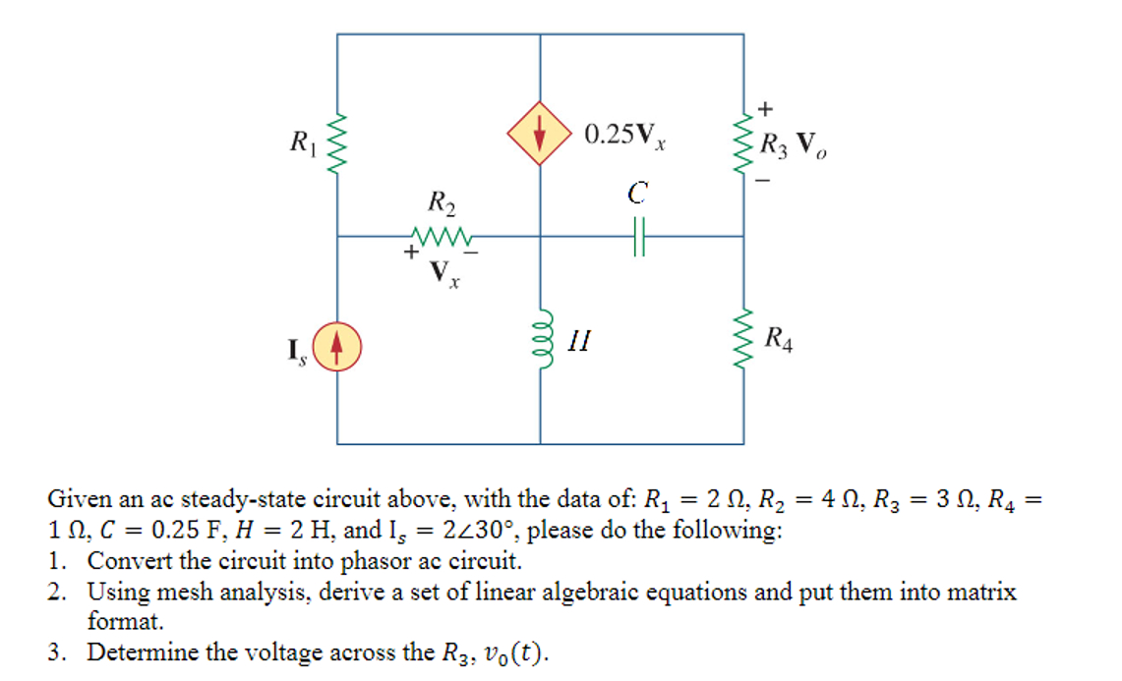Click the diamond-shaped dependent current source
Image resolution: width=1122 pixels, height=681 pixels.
pyautogui.click(x=539, y=134)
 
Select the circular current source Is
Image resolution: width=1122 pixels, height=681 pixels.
pyautogui.click(x=337, y=350)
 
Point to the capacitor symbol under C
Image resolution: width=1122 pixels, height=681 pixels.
pyautogui.click(x=638, y=236)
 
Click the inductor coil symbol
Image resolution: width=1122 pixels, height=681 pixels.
pyautogui.click(x=540, y=339)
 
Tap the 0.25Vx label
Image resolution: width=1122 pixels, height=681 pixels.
pyautogui.click(x=625, y=136)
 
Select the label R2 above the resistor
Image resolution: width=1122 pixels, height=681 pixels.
pyautogui.click(x=442, y=204)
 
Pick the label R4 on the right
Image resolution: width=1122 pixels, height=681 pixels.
pyautogui.click(x=779, y=342)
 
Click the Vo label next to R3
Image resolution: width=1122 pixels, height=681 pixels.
pyautogui.click(x=809, y=144)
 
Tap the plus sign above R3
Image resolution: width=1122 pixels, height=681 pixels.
pyautogui.click(x=766, y=106)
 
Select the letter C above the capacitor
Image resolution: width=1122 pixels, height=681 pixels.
pyautogui.click(x=637, y=195)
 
